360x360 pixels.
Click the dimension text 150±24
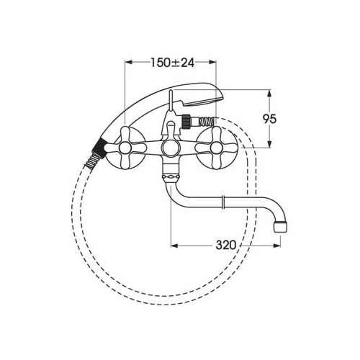(x=172, y=63)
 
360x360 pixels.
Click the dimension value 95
(x=269, y=119)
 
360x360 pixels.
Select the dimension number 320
(x=226, y=246)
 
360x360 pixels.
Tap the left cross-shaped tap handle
(x=125, y=148)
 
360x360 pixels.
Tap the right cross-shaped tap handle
(x=216, y=148)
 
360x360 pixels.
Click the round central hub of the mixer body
(x=170, y=148)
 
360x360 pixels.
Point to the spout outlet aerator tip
(x=280, y=227)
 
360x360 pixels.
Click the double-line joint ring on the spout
(x=223, y=202)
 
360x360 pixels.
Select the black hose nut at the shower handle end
(x=99, y=147)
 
